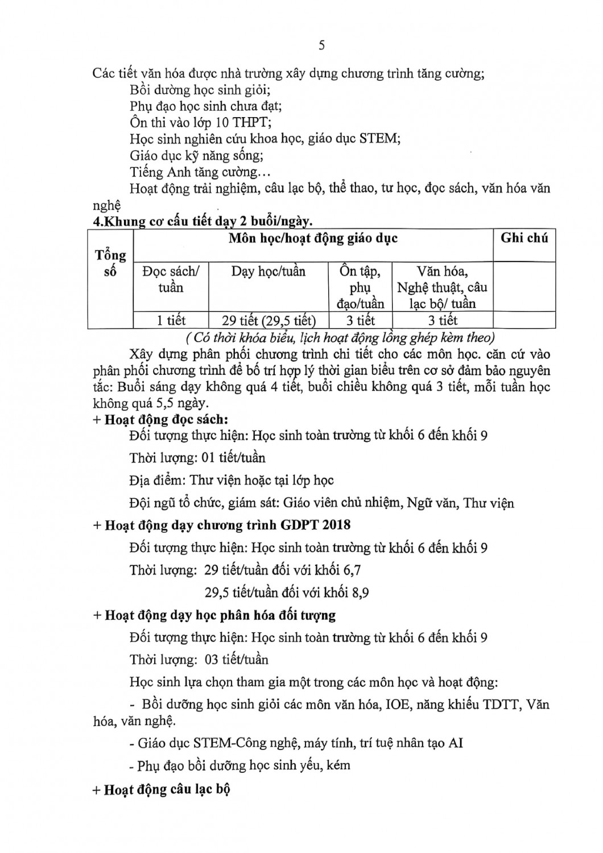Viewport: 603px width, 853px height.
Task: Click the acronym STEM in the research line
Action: (378, 138)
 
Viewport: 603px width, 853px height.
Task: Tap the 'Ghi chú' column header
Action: (524, 238)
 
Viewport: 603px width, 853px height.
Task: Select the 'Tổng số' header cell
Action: (110, 263)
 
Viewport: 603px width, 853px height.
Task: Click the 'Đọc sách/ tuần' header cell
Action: (171, 279)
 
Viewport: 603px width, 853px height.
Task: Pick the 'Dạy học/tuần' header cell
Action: (268, 271)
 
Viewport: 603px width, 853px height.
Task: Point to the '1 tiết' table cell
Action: (171, 321)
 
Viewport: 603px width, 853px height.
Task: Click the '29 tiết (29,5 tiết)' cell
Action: (269, 321)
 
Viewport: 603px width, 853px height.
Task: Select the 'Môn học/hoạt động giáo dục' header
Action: (313, 238)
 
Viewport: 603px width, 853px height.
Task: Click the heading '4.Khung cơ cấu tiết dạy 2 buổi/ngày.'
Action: (203, 221)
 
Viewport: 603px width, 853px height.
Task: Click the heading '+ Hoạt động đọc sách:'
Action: (160, 420)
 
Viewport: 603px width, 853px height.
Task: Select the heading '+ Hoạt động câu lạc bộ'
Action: (161, 789)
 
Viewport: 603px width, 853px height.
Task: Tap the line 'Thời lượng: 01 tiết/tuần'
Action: (197, 457)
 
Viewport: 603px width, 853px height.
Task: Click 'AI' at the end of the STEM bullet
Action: (455, 743)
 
